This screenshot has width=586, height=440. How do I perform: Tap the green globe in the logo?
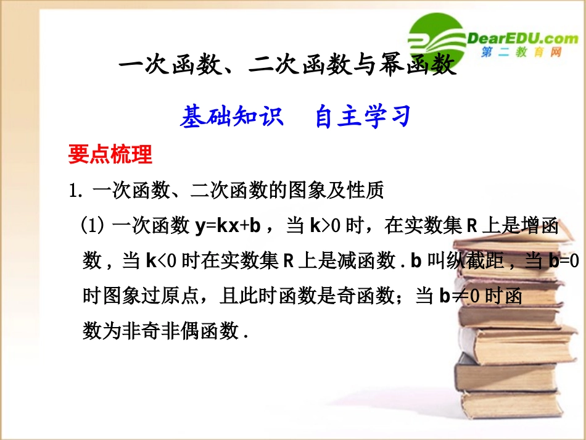pyautogui.click(x=435, y=38)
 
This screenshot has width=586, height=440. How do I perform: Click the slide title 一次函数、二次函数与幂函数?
pyautogui.click(x=287, y=65)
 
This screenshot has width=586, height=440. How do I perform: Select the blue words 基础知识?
pyautogui.click(x=232, y=116)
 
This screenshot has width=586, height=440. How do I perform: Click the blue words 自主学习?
pyautogui.click(x=363, y=116)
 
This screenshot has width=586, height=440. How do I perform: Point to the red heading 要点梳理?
pyautogui.click(x=110, y=155)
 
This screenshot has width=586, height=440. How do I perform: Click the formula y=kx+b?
pyautogui.click(x=231, y=227)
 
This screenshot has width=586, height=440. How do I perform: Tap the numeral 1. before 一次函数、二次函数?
pyautogui.click(x=76, y=191)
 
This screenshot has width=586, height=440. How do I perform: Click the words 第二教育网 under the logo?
pyautogui.click(x=521, y=54)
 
